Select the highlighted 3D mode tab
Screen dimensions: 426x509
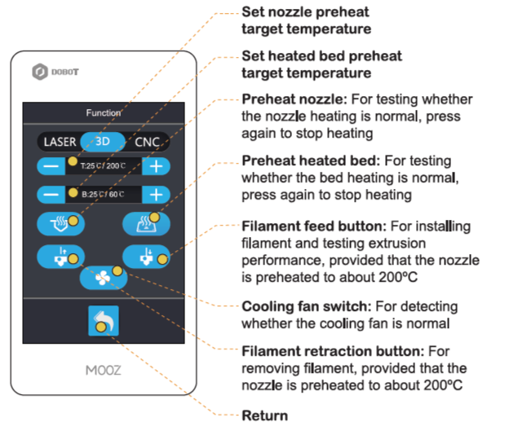click(104, 140)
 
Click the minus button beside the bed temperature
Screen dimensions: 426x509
click(51, 195)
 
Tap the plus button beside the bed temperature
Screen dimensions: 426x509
click(157, 195)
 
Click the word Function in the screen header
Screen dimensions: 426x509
click(104, 112)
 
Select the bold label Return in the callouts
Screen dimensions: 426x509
click(265, 415)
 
